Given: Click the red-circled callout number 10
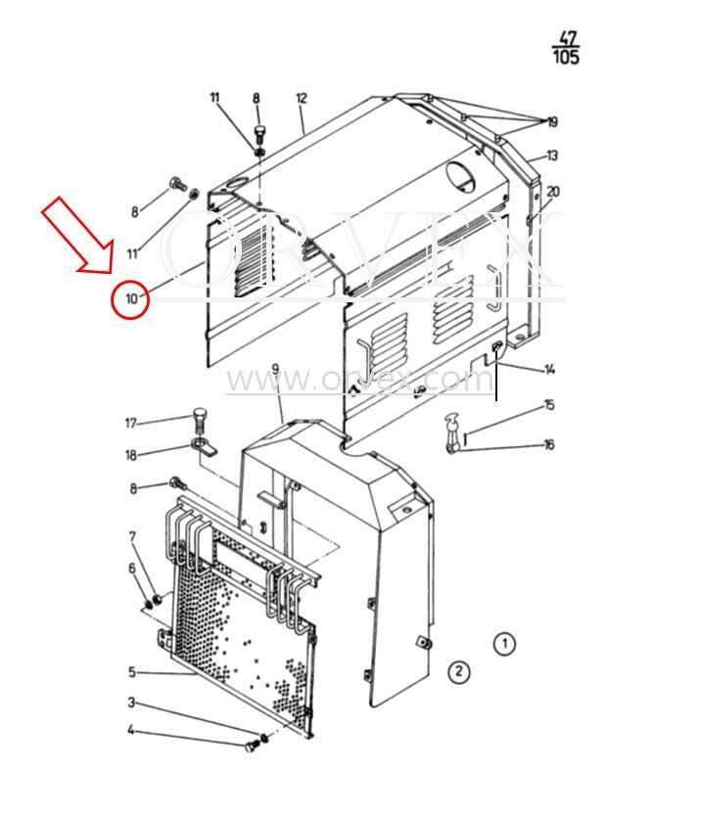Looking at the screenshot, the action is (x=131, y=299).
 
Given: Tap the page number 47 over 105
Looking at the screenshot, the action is (x=566, y=48).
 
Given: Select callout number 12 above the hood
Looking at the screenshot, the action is (x=302, y=98).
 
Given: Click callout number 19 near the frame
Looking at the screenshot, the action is (x=553, y=122).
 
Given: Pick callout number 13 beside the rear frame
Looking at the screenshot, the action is (x=552, y=156).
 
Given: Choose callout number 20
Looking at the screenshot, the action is (x=553, y=192).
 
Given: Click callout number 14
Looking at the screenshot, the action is (x=549, y=370).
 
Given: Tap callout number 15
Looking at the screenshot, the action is (x=549, y=405).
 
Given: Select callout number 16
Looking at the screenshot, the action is (x=549, y=444).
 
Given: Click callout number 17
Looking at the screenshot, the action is (x=130, y=423).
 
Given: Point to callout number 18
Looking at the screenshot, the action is (x=131, y=455).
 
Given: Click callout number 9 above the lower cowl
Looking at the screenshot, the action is (x=275, y=370).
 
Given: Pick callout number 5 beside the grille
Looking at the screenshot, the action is (x=132, y=672).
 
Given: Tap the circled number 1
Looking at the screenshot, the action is (x=504, y=644).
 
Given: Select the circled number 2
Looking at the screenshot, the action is (x=459, y=671).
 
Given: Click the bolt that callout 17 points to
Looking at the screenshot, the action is (x=201, y=421).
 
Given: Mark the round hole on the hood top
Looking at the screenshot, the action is (x=461, y=176).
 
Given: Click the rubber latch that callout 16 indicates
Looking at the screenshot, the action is (x=451, y=433).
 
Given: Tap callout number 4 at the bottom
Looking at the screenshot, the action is (x=131, y=730).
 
